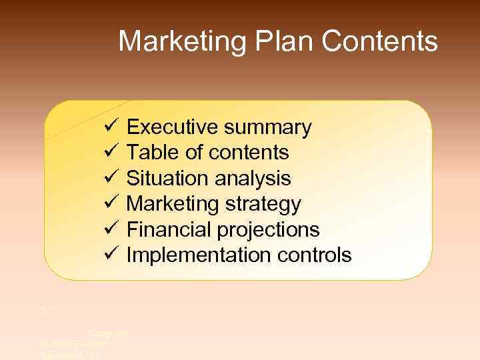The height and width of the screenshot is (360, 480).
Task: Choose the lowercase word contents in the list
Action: [x=249, y=153]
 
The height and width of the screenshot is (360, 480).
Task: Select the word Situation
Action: [x=167, y=178]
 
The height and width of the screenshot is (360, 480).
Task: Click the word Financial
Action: [x=169, y=229]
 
